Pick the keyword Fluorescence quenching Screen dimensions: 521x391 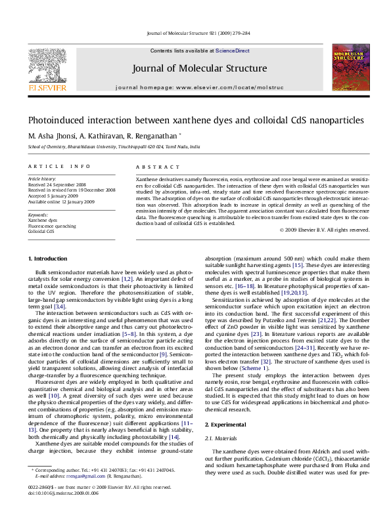pyautogui.click(x=51, y=226)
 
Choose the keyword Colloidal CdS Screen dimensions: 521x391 pyautogui.click(x=40, y=232)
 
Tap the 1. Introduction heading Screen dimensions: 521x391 pyautogui.click(x=50, y=259)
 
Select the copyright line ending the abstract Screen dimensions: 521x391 pyautogui.click(x=325, y=230)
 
